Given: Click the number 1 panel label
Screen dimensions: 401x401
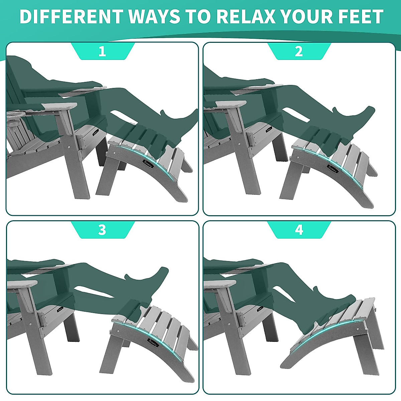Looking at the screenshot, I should pos(102,51).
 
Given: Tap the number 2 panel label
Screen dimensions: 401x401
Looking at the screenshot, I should pos(299,51).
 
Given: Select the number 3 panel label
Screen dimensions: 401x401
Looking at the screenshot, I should pos(102,230).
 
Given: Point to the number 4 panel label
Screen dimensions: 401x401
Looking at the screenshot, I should pos(299,230).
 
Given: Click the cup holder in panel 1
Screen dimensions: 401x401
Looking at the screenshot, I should pos(15,116).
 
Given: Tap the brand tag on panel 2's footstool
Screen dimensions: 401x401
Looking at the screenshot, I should pos(333,169).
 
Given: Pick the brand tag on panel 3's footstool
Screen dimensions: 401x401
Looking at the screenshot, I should pos(152,341).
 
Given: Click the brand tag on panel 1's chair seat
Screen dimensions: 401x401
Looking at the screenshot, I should pos(95,132).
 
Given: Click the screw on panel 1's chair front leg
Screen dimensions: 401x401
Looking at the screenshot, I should pos(69,146).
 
